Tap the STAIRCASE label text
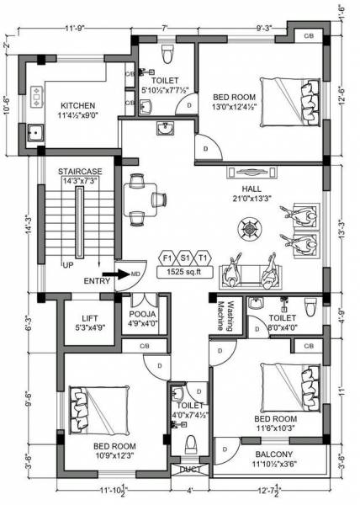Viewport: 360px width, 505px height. pos(80,171)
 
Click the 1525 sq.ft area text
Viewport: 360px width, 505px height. pos(184,274)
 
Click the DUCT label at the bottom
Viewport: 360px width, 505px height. pos(191,470)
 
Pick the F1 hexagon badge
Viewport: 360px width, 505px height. pos(167,258)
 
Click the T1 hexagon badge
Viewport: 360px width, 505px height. pos(203,258)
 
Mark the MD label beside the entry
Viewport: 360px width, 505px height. pos(134,274)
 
